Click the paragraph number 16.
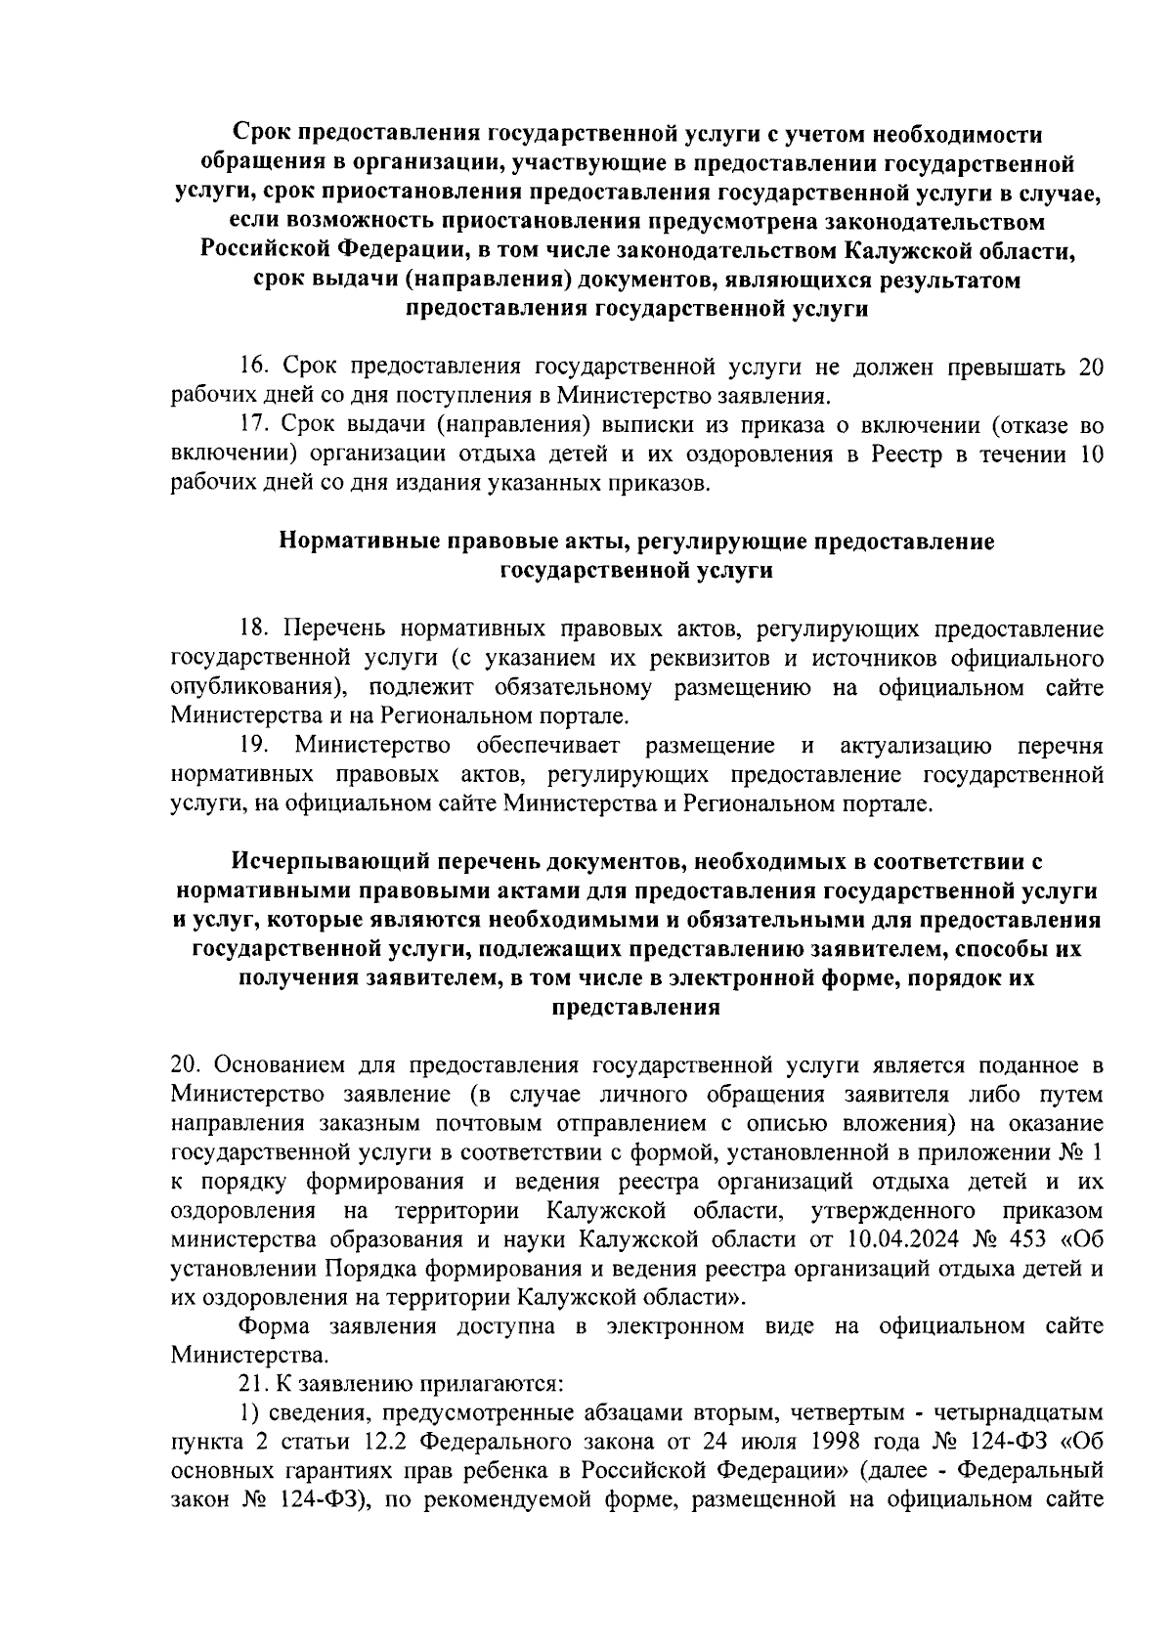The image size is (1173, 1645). pos(256,367)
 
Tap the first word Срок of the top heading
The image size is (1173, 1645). pos(264,133)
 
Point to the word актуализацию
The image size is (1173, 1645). pos(916,747)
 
